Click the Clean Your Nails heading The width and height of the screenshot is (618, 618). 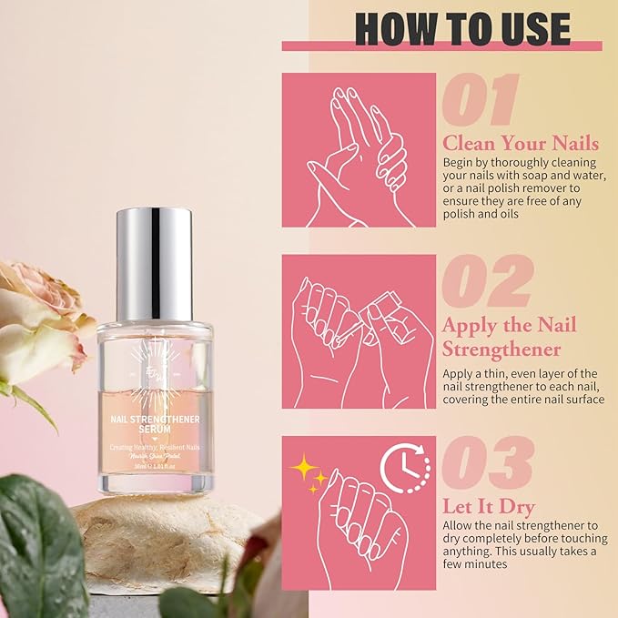521,143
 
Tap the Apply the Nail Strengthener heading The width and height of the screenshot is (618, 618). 510,337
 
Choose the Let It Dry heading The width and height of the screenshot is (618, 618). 488,507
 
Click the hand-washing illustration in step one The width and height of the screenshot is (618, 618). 359,150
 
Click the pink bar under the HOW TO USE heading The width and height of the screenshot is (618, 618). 441,46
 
